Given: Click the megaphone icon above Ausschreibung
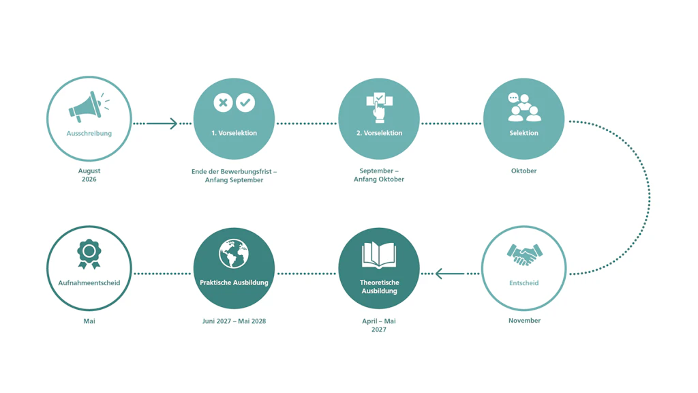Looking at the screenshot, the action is pyautogui.click(x=89, y=107).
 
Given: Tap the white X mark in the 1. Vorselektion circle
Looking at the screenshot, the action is pyautogui.click(x=223, y=102).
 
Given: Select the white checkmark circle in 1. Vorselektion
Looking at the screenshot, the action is pyautogui.click(x=245, y=102).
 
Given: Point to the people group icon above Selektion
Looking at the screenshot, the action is pyautogui.click(x=524, y=107).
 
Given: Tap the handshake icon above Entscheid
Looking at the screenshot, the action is pyautogui.click(x=524, y=254).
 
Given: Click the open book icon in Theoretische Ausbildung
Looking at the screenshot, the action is pyautogui.click(x=379, y=255).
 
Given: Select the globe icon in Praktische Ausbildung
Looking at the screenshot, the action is pyautogui.click(x=234, y=254).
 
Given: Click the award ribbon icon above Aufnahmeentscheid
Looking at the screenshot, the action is pyautogui.click(x=89, y=254).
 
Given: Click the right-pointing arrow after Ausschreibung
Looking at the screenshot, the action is pyautogui.click(x=162, y=123).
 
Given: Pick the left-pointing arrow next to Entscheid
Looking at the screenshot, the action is pyautogui.click(x=450, y=274).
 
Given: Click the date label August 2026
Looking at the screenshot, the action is pyautogui.click(x=89, y=175).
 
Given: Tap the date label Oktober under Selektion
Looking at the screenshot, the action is pyautogui.click(x=524, y=171).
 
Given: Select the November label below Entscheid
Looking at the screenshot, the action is pyautogui.click(x=524, y=321).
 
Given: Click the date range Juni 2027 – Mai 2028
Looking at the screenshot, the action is pyautogui.click(x=234, y=321).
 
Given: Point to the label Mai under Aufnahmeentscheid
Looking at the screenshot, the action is pyautogui.click(x=89, y=321).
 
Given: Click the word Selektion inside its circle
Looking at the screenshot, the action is pyautogui.click(x=524, y=133).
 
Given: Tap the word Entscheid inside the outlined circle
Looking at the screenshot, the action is pyautogui.click(x=524, y=283).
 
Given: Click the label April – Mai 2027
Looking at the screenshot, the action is pyautogui.click(x=379, y=325).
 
